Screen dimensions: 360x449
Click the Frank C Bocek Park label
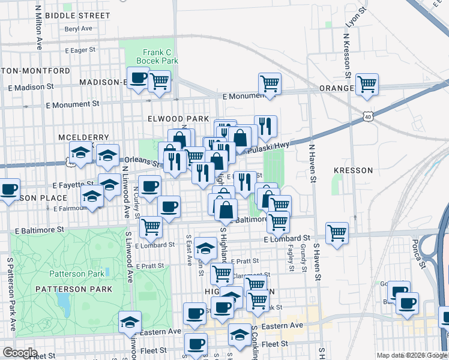coord(157,56)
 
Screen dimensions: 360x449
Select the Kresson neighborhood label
coord(353,170)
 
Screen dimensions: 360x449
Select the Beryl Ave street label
coord(78,28)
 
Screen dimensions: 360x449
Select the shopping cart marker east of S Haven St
coord(337,233)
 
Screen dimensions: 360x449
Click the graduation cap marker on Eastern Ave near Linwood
coord(130,322)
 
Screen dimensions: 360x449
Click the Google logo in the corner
coord(20,353)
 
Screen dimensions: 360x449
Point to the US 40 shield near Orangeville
coord(366,115)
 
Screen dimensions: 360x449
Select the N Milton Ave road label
coord(38,27)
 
